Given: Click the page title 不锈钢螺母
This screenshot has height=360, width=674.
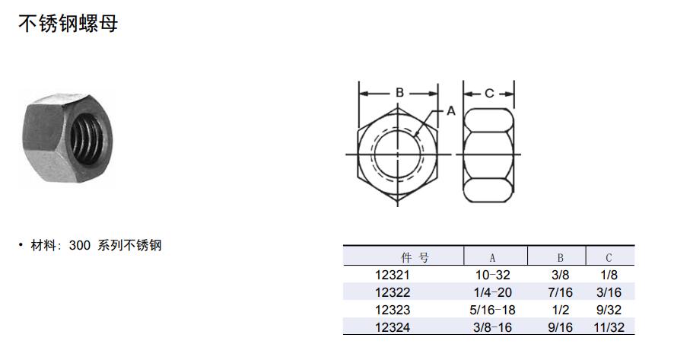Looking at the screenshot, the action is coord(68,24).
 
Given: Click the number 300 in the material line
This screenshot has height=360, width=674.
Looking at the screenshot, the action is coord(80,246).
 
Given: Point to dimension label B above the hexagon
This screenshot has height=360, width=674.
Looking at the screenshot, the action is coord(399,92).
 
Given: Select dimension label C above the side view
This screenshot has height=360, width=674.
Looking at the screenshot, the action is coord(488,93).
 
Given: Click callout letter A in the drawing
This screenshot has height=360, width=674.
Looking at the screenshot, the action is coord(451,111).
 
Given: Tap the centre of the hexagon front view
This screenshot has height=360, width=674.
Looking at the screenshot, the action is coord(398,155).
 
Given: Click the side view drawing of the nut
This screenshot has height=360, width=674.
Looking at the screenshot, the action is coord(488,155).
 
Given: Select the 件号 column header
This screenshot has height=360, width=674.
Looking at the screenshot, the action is coord(415,258).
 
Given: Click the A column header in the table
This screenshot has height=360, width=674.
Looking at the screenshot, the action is coord(493,258).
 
